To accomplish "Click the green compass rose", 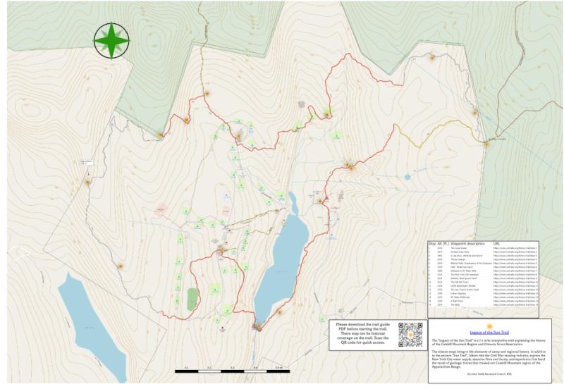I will [x=111, y=40].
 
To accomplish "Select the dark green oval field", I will [x=192, y=298].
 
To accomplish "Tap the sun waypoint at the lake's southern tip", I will [x=258, y=325].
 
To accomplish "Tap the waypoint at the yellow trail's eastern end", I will [x=485, y=143].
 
